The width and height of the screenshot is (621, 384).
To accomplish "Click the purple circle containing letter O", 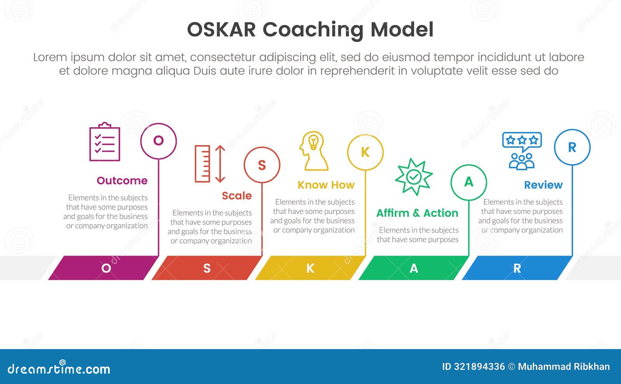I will coord(158,141).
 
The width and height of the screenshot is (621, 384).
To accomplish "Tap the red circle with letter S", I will coord(262,165).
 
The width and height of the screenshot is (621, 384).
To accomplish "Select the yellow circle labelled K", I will coord(365,152).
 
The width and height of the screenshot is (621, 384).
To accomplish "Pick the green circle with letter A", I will coord(469,182).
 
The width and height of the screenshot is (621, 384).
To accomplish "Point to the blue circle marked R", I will coord(572,147).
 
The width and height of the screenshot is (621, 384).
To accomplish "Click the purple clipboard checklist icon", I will coord(105,142).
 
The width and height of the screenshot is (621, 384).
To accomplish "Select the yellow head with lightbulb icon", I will coord(313,151).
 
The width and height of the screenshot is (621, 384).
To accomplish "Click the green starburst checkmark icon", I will coord(414,176).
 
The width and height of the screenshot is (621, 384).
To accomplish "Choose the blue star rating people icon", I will coord(522,151).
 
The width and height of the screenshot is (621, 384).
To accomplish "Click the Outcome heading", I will coord(122,181).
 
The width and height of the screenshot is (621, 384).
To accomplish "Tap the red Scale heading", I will coord(237,196).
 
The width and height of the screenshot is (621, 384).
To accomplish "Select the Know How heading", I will coord(326,185).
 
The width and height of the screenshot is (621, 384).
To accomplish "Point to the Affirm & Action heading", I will coord(417,213).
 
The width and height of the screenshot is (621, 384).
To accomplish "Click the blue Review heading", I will coord(543,185).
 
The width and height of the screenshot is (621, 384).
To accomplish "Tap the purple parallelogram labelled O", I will coord(103,268).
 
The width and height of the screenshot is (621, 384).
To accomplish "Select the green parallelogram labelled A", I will coord(414,268).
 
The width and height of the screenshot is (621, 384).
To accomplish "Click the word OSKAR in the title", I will coord(221,29).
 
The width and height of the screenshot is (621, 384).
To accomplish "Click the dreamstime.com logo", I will coord(59,368).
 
